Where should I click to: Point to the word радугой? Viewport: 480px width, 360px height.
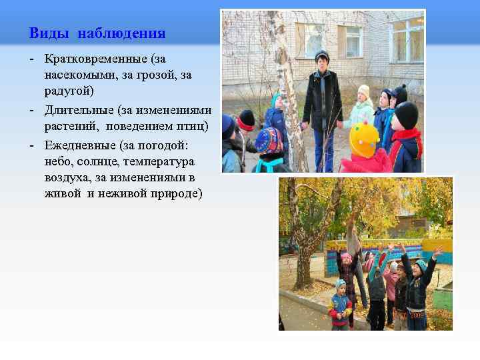click(x=70, y=90)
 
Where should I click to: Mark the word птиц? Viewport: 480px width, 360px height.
click(x=193, y=126)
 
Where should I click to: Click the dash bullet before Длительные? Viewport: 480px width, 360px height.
click(x=32, y=110)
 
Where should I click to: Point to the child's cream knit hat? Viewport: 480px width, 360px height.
click(x=363, y=90)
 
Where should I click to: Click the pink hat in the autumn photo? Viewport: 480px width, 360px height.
click(x=345, y=257)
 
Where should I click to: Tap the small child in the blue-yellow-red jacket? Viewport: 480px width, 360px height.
click(x=341, y=307)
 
